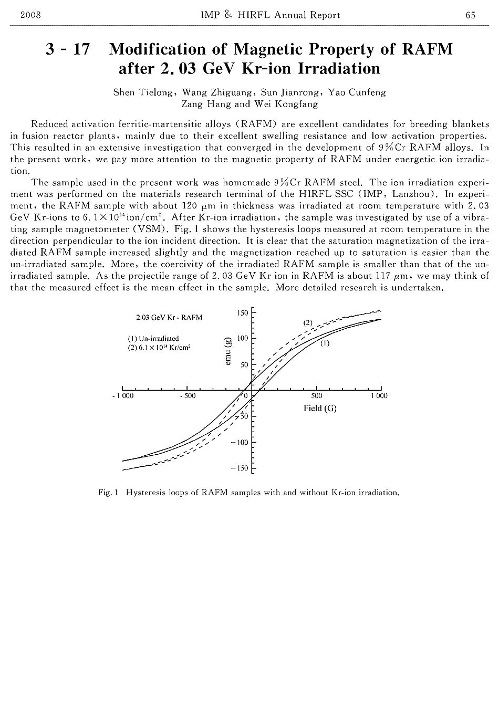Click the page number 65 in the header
(x=470, y=15)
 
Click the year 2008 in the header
(x=30, y=15)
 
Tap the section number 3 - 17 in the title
(x=68, y=50)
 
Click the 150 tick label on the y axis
(x=242, y=313)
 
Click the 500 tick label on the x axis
(x=317, y=396)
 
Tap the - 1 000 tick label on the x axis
(x=123, y=396)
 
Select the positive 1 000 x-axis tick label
(x=379, y=396)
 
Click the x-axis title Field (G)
(x=320, y=408)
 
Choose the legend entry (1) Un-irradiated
(x=153, y=338)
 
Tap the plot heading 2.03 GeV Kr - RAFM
(x=169, y=318)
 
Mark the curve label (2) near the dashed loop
(x=308, y=322)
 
